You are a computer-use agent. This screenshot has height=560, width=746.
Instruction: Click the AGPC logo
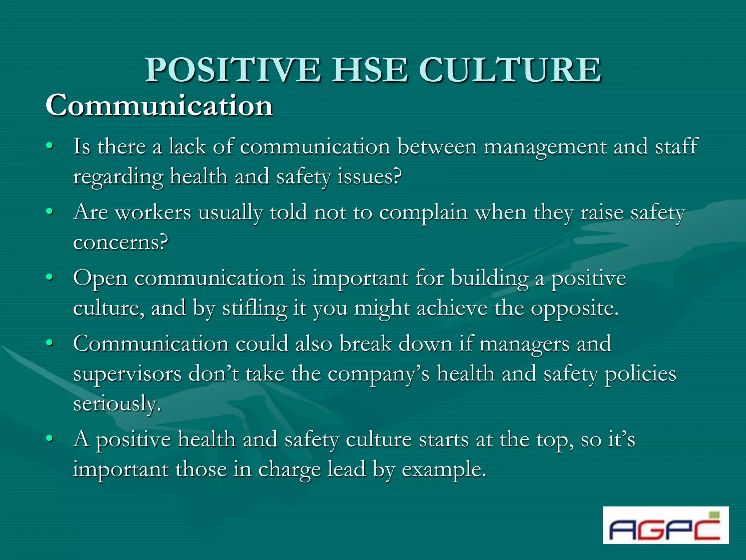pyautogui.click(x=665, y=525)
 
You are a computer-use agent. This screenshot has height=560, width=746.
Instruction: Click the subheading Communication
pyautogui.click(x=159, y=105)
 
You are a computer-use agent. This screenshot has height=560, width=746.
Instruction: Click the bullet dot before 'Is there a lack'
pyautogui.click(x=50, y=146)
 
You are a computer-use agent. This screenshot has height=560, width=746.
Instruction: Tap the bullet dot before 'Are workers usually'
pyautogui.click(x=50, y=211)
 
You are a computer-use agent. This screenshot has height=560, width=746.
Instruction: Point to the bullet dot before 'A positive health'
pyautogui.click(x=50, y=438)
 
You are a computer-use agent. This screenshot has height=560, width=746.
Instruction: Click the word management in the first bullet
pyautogui.click(x=545, y=147)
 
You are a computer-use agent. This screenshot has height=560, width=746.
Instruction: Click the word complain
pyautogui.click(x=423, y=213)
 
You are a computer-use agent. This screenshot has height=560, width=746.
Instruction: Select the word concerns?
pyautogui.click(x=121, y=243)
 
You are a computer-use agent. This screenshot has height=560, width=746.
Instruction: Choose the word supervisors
pyautogui.click(x=127, y=374)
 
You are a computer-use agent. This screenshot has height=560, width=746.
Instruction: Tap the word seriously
pyautogui.click(x=117, y=404)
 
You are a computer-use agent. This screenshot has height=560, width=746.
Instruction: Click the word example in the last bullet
pyautogui.click(x=444, y=470)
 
